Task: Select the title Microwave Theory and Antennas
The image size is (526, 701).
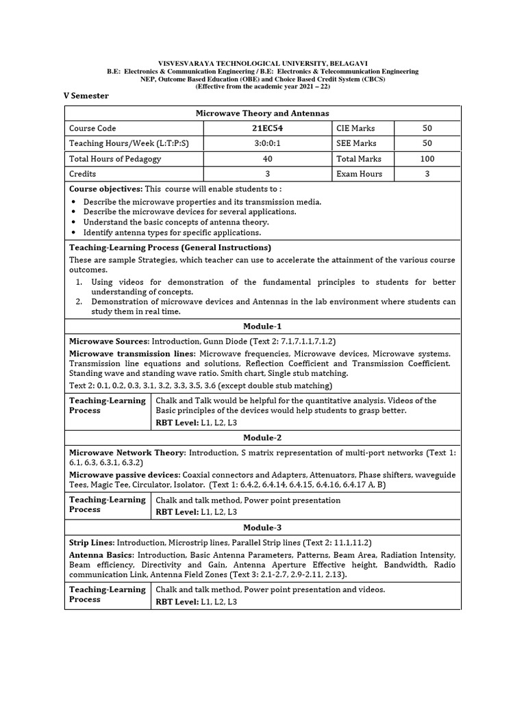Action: tap(263, 113)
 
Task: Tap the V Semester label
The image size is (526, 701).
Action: tap(86, 96)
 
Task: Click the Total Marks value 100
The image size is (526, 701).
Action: tap(427, 158)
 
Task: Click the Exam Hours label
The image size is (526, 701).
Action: tap(359, 174)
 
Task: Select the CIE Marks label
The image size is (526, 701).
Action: tap(355, 128)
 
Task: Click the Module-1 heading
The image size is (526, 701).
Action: tap(262, 326)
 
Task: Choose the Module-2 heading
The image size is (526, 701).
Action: tap(262, 437)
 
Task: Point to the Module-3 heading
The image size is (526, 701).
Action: tap(262, 528)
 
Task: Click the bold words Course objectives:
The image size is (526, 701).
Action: tap(105, 188)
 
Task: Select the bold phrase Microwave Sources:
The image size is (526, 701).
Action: tap(109, 341)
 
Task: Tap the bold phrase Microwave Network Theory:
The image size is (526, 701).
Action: tap(127, 453)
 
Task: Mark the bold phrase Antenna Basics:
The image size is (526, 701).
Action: tap(101, 555)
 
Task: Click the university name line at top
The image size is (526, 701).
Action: tap(263, 63)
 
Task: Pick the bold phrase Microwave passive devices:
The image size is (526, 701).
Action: tap(125, 474)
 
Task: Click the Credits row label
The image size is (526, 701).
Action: tap(83, 174)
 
